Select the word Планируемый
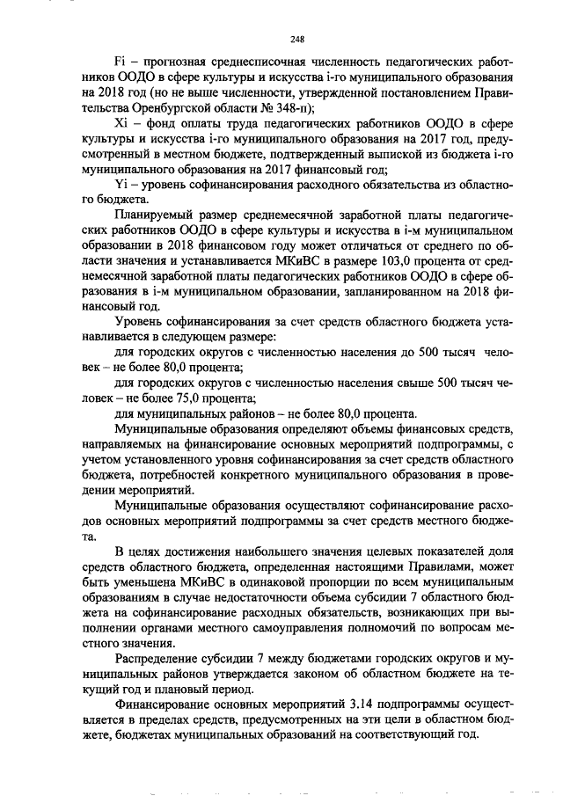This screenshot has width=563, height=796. pos(156,216)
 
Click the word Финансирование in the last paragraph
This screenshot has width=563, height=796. pos(161,705)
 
